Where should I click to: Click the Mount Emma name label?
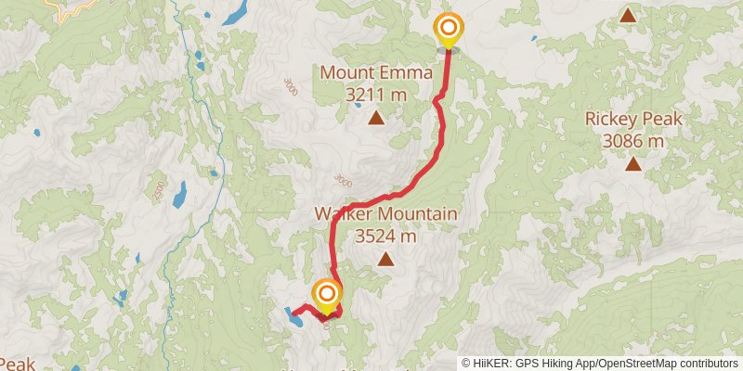pyautogui.click(x=376, y=72)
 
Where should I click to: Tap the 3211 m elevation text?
pyautogui.click(x=376, y=94)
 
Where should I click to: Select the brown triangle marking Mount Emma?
pyautogui.click(x=376, y=118)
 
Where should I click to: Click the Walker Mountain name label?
pyautogui.click(x=385, y=214)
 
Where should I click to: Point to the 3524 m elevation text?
pyautogui.click(x=385, y=236)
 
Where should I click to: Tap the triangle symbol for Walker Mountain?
pyautogui.click(x=385, y=260)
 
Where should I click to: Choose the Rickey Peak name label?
pyautogui.click(x=633, y=119)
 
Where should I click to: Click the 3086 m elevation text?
pyautogui.click(x=633, y=141)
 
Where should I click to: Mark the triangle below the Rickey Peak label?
pyautogui.click(x=633, y=165)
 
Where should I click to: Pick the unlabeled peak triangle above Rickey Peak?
pyautogui.click(x=629, y=15)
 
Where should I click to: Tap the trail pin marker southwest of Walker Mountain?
pyautogui.click(x=326, y=294)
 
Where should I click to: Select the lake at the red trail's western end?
pyautogui.click(x=292, y=316)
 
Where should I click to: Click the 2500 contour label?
pyautogui.click(x=158, y=191)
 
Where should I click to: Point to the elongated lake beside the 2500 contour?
pyautogui.click(x=180, y=194)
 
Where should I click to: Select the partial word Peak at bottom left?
pyautogui.click(x=16, y=364)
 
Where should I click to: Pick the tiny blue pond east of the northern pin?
pyautogui.click(x=534, y=39)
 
